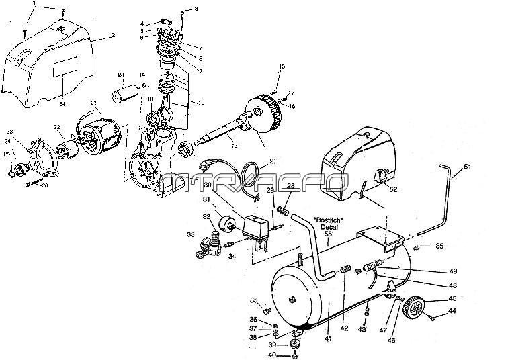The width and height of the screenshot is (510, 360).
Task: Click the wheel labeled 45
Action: point(417,308)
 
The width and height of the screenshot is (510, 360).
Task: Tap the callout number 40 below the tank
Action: point(273,355)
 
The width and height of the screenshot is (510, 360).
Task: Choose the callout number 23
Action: point(10,132)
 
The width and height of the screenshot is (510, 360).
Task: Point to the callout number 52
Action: point(392,191)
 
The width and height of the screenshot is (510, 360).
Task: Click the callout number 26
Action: point(46,186)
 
